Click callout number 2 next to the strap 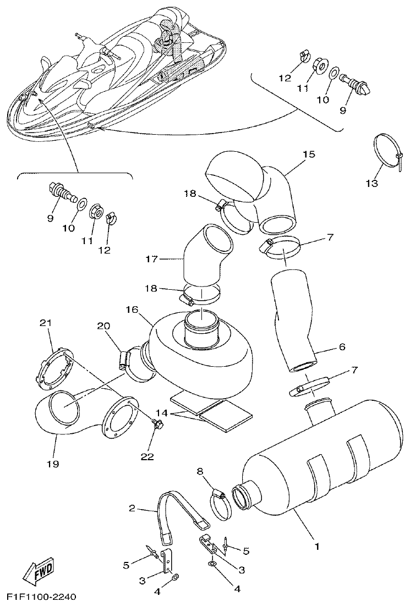click(x=132, y=509)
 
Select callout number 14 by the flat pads click(x=161, y=412)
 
